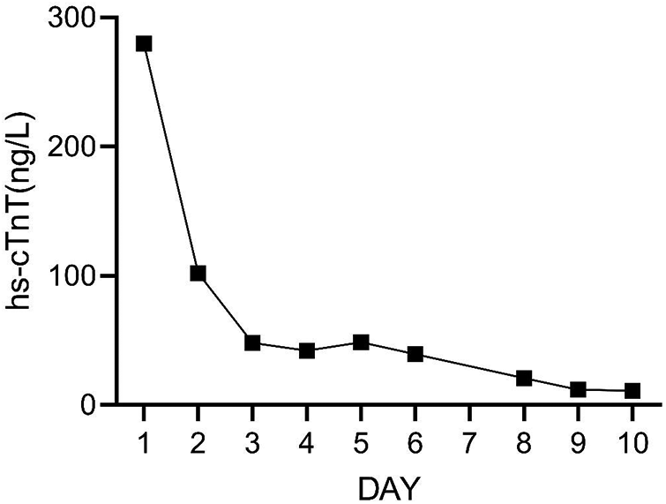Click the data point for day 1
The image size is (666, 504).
click(144, 43)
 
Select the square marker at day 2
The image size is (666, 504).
click(198, 273)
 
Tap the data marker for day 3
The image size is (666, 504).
click(252, 342)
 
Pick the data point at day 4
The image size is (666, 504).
click(307, 350)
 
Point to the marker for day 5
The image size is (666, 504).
click(361, 342)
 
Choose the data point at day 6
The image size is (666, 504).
click(415, 354)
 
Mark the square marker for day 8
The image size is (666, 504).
click(524, 378)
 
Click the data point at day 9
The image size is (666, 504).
click(579, 389)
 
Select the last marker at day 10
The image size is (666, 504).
click(632, 391)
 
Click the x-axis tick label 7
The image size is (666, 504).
click(469, 439)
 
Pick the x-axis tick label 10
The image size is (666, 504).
click(632, 439)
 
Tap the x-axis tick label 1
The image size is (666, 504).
click(144, 439)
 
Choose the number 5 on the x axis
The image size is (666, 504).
click(361, 439)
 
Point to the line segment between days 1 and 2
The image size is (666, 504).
click(170, 158)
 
